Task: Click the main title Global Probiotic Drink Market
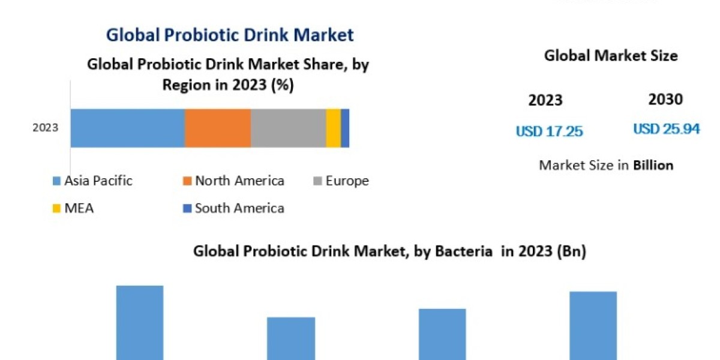tap(230, 35)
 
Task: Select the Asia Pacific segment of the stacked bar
tap(127, 128)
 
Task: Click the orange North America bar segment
tap(217, 128)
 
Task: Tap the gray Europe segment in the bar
tap(288, 128)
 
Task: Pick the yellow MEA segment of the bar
tap(333, 128)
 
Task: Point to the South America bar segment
tap(345, 128)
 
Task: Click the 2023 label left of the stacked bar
tap(46, 128)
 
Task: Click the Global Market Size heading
tap(611, 56)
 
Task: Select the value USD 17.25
tap(549, 131)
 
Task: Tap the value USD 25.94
tap(666, 129)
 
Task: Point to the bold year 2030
tap(665, 100)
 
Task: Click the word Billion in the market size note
tap(653, 165)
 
